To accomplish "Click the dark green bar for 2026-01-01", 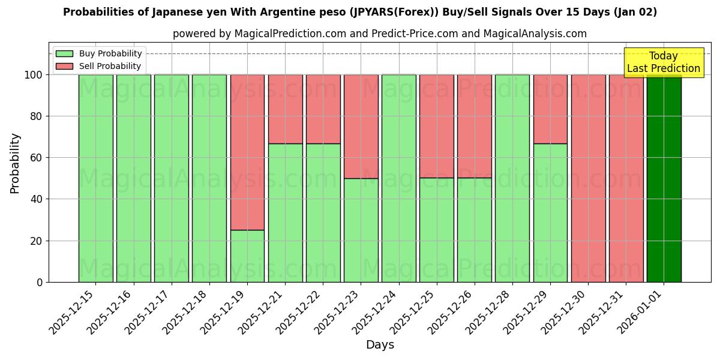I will tap(664, 178).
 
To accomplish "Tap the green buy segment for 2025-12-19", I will tap(247, 256).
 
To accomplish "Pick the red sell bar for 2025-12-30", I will tap(588, 178).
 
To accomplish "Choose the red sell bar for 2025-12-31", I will tap(626, 178).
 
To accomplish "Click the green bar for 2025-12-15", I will tap(95, 178).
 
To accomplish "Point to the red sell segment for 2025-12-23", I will tap(361, 126).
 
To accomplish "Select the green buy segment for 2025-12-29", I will tap(550, 213).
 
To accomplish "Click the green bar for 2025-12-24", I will tap(398, 178).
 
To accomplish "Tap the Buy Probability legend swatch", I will tap(64, 53).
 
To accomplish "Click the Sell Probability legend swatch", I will tap(64, 66).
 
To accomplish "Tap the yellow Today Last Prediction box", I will tap(663, 62).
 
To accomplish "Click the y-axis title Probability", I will tap(15, 163).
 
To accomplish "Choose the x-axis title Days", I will tap(380, 345).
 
